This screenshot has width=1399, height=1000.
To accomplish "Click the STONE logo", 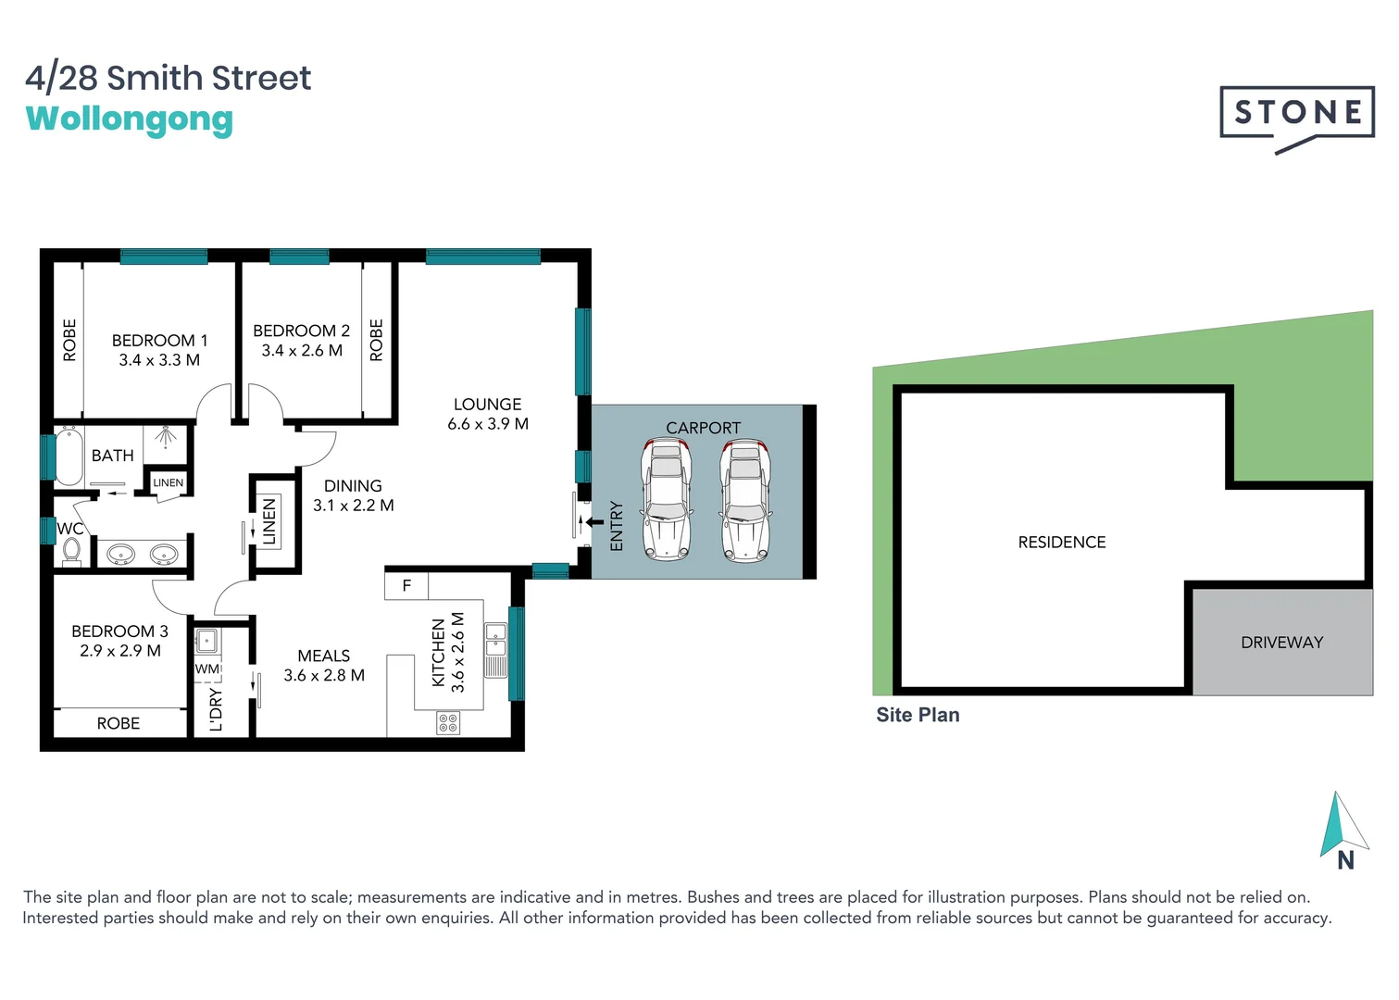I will pos(1296,114).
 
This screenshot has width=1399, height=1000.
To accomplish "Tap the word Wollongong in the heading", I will pos(130,119).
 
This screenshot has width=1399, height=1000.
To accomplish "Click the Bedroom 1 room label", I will pos(159,340).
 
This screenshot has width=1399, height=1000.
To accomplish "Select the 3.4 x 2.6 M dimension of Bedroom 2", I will pos(302,351).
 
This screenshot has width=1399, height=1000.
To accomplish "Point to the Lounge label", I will pos(487,405).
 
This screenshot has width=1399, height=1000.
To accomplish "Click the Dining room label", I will pos(353,486).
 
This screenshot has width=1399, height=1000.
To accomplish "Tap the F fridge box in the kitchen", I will pos(406,586).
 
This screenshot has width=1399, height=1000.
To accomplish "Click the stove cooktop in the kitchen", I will pos(448,722).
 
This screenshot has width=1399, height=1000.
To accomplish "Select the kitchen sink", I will pos(496,640).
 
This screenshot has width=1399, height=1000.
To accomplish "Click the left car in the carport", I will pos(667,500).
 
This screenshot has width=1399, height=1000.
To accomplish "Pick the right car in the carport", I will pos(745,500).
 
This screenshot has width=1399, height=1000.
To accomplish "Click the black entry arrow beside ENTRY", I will pos(594,522).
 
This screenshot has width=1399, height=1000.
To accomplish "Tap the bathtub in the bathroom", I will pos(69,456).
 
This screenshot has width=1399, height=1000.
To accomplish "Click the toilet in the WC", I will pos(71,552).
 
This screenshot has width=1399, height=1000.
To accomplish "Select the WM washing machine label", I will pos(207,669).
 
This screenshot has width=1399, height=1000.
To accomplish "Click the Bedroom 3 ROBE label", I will pos(119,723).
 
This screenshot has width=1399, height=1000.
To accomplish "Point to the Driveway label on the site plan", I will pos(1281,643).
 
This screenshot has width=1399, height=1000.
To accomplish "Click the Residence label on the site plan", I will pos(1061,543).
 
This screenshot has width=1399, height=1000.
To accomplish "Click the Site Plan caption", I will pos(918,715).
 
